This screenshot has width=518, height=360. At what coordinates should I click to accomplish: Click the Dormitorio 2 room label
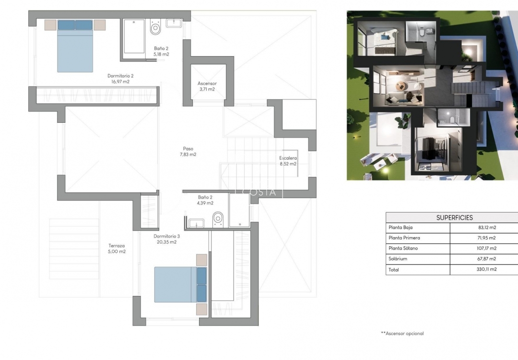tap(120, 76)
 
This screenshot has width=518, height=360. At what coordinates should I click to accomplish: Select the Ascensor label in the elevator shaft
tap(207, 84)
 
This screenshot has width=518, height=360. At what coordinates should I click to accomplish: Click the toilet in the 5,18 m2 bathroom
tap(155, 28)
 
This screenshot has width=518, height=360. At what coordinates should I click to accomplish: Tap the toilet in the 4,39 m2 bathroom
tap(218, 219)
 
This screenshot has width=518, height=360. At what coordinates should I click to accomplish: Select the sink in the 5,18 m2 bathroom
tap(174, 23)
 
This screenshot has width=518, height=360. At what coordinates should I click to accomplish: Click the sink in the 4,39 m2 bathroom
tap(197, 223)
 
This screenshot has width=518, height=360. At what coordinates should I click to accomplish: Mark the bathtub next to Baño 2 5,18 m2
tap(134, 36)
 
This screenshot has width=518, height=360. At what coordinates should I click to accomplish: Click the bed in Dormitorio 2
tap(75, 46)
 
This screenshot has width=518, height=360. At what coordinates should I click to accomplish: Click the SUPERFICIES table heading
tap(454, 217)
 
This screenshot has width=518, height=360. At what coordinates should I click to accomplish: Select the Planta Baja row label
tap(400, 228)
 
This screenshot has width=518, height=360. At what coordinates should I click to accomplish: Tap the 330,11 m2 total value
tap(486, 270)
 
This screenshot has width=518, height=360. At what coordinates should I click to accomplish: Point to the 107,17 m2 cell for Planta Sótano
tap(486, 249)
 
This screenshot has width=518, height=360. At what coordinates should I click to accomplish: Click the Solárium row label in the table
tap(398, 259)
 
